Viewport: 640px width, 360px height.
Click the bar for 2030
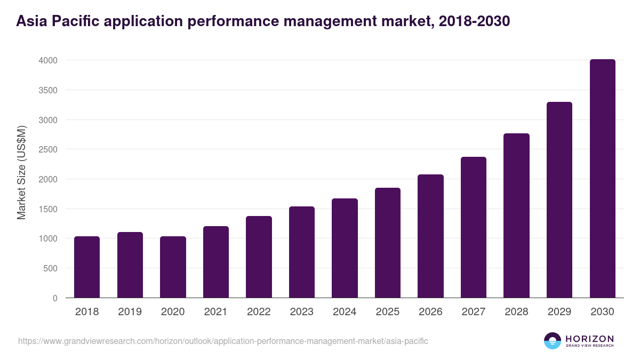tap(602, 179)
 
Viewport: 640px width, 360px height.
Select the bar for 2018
tap(87, 267)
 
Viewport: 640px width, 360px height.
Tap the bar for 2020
tap(173, 267)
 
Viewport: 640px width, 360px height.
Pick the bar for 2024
tap(345, 248)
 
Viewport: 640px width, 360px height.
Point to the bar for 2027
tap(474, 227)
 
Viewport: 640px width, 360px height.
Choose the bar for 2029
tap(559, 200)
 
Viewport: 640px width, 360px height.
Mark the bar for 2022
tap(259, 257)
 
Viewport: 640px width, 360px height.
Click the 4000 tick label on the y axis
tap(47, 60)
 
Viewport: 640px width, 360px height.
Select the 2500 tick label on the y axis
tap(47, 149)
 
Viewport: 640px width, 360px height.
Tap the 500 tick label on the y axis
tap(50, 268)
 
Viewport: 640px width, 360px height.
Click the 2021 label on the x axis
tap(215, 312)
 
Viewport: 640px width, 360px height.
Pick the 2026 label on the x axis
tap(430, 312)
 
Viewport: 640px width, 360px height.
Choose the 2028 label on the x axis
tap(516, 312)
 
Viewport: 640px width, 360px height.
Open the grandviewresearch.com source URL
tap(223, 341)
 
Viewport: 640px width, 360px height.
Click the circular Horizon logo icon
tap(552, 341)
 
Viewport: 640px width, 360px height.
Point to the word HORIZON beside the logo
tap(589, 339)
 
